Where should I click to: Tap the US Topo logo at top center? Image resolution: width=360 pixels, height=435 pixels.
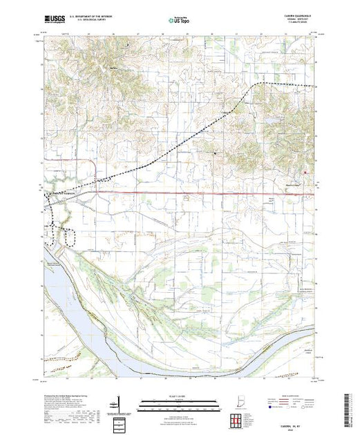click(x=179, y=21)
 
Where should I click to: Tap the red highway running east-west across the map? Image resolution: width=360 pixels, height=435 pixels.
click(x=207, y=193)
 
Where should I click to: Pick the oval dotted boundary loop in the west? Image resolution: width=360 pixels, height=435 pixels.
click(x=70, y=235)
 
